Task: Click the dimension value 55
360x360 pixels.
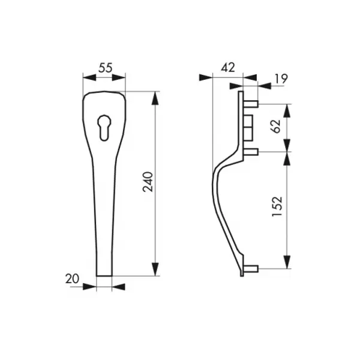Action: coord(106,68)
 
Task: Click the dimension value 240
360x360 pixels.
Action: coord(148,182)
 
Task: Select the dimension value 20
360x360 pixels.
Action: coord(72,279)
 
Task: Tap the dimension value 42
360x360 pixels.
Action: coord(228,68)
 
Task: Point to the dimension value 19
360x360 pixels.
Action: coord(281,79)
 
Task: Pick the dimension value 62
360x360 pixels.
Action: coord(276,126)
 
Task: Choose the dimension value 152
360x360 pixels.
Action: coord(277,206)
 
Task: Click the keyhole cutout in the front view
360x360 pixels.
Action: coord(104,128)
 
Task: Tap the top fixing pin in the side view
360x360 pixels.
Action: coord(251,104)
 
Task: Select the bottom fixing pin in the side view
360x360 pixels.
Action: coord(251,269)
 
